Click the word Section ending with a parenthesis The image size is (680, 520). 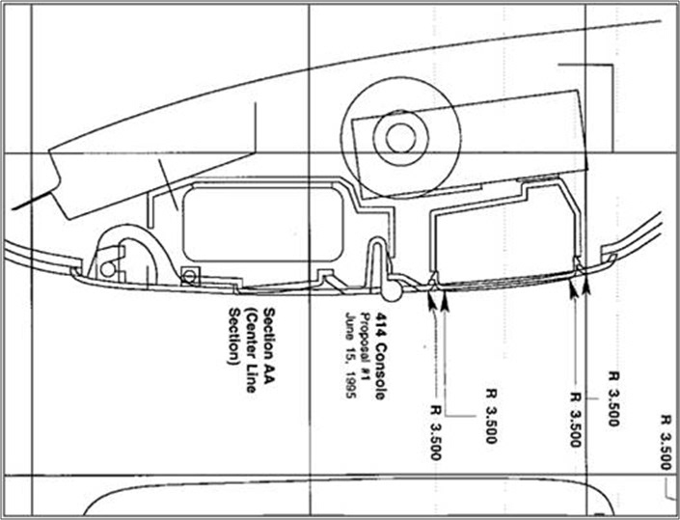[x=234, y=337]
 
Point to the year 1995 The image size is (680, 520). [x=350, y=381]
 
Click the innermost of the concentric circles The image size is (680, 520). [x=399, y=138]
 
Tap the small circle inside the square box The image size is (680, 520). [x=189, y=276]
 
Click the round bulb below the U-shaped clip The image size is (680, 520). [x=392, y=290]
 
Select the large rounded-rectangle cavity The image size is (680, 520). [x=263, y=223]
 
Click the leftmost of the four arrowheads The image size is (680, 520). [x=432, y=299]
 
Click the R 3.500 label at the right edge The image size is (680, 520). [x=666, y=443]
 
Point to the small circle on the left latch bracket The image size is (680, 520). [x=108, y=269]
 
